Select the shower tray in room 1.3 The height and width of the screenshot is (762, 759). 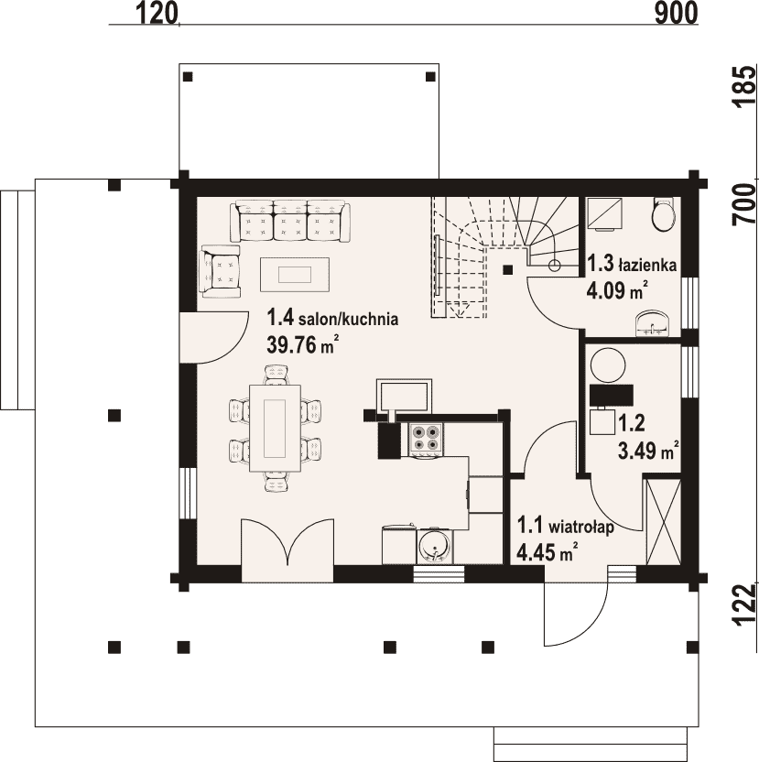tap(605, 213)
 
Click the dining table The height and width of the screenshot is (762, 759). tap(275, 428)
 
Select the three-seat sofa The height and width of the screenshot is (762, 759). tap(290, 222)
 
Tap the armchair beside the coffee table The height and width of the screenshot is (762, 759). tap(220, 271)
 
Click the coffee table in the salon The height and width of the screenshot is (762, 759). tap(295, 275)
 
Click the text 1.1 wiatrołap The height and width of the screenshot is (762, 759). tap(565, 527)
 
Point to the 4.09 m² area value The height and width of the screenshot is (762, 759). tap(617, 291)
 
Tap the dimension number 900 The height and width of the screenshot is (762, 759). tap(676, 13)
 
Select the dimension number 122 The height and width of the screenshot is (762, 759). tap(745, 604)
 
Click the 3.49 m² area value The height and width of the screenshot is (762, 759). tap(648, 452)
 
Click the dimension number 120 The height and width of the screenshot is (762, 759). tap(157, 13)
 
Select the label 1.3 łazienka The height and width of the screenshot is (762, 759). tap(632, 265)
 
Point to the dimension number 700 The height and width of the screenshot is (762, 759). tap(745, 203)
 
